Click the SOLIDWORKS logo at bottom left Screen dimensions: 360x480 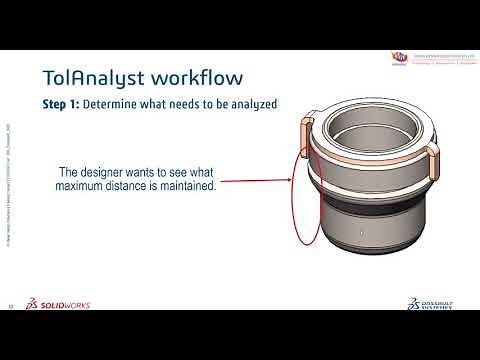pyautogui.click(x=60, y=304)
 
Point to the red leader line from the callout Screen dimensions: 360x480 pyautogui.click(x=255, y=181)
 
